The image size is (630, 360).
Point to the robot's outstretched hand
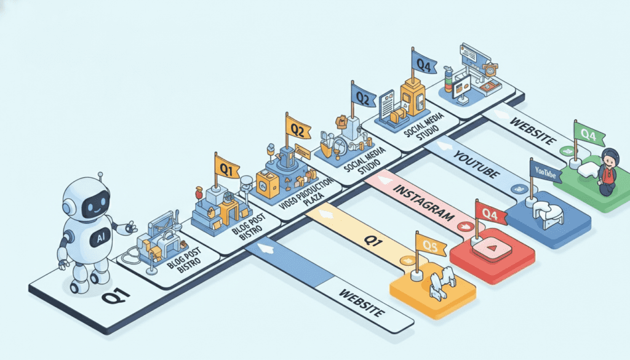[x=129, y=228]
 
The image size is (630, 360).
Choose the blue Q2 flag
[x=364, y=96]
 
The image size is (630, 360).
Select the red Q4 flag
[x=490, y=214]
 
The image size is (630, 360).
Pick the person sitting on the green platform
[x=607, y=172]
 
